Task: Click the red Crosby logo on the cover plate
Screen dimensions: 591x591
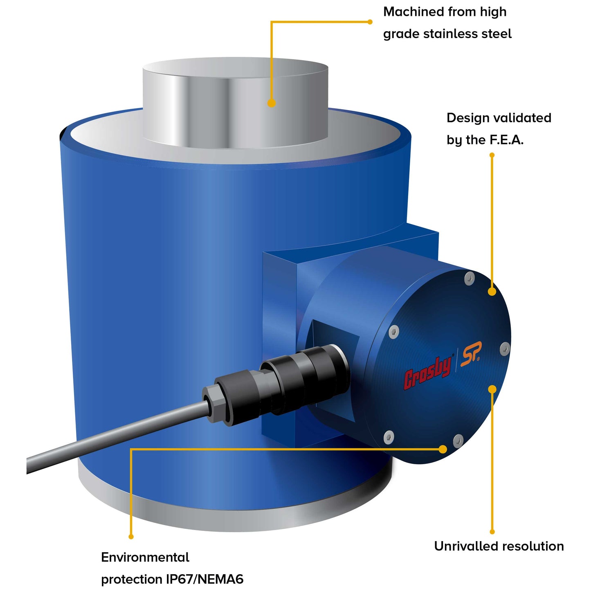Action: click(428, 372)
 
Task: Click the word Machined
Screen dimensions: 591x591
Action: click(413, 12)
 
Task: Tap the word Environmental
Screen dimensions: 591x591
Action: click(145, 557)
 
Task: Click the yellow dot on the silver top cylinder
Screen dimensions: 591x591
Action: click(271, 103)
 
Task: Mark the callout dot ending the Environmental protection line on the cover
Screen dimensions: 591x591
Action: click(443, 449)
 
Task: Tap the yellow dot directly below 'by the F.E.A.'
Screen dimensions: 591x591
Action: click(492, 155)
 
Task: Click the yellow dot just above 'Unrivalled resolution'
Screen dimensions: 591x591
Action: click(492, 532)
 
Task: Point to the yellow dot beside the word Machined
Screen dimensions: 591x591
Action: click(370, 22)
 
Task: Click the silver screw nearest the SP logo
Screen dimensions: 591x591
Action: click(505, 349)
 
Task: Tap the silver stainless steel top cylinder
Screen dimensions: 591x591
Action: click(235, 102)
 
